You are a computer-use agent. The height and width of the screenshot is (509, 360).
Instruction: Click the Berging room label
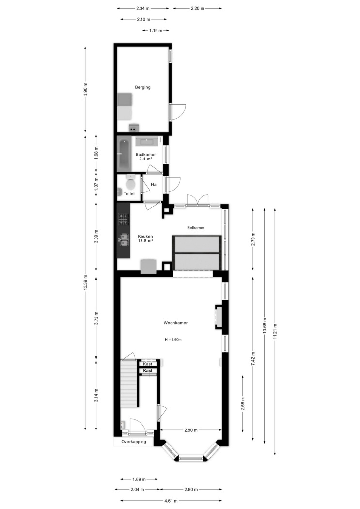143,87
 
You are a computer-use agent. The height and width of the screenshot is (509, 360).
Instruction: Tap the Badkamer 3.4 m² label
145,157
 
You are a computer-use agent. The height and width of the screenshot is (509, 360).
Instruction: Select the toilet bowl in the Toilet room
131,182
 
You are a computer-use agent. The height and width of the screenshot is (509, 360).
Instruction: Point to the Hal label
154,184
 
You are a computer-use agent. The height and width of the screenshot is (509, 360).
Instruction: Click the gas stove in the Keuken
123,219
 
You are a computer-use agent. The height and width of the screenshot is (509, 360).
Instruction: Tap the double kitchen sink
124,239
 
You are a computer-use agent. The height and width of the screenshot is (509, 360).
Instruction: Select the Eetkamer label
196,228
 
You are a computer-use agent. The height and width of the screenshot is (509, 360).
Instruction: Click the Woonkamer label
175,323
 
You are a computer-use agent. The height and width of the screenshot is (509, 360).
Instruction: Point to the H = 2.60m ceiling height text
173,340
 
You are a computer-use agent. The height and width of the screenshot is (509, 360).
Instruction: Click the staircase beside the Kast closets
130,383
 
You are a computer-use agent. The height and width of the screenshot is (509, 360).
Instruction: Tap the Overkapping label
134,442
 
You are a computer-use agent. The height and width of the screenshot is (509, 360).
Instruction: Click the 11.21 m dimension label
275,332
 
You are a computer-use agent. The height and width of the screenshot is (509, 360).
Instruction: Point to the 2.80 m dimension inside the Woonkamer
191,430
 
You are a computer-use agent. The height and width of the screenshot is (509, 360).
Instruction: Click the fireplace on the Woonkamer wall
219,317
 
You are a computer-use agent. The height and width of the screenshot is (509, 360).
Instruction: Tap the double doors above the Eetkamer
197,200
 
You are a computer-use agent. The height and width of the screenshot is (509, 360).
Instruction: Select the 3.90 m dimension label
85,90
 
